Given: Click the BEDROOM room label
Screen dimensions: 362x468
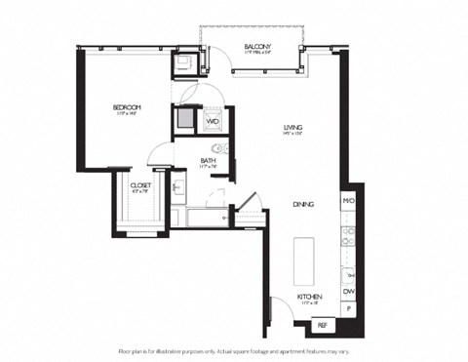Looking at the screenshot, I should click(x=127, y=107).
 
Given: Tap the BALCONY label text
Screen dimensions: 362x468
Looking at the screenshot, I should click(x=257, y=46).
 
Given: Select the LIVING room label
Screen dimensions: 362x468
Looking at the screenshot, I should click(x=292, y=127).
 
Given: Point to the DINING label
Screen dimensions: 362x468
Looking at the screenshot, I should click(x=303, y=204).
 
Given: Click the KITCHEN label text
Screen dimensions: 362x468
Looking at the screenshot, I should click(x=309, y=297).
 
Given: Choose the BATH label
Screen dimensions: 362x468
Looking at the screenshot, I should click(x=208, y=161).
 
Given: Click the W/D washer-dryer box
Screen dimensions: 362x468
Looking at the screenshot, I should click(x=212, y=122).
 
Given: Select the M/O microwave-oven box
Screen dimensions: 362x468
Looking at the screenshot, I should click(x=348, y=201).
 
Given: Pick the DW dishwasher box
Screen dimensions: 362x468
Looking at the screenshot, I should click(x=348, y=290).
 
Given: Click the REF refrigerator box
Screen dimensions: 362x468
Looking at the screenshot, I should click(x=322, y=325).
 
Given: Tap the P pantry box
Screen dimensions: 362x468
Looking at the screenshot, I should click(x=348, y=309).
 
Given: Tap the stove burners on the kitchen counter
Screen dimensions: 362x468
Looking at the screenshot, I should click(x=348, y=236).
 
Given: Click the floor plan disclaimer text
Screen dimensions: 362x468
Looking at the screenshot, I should click(x=233, y=348).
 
